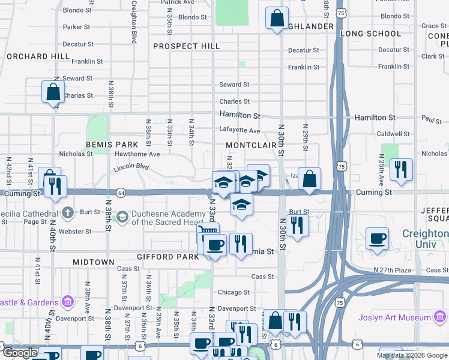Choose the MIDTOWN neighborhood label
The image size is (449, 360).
(x=93, y=262)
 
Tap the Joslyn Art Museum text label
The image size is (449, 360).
(x=393, y=317)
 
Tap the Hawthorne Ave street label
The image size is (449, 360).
(x=137, y=154)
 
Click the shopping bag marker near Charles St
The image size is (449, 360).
(x=53, y=92)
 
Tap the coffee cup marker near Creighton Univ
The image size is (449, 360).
(x=377, y=238)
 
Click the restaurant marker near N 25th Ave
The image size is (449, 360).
(x=401, y=169)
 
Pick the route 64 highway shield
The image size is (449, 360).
(x=121, y=193)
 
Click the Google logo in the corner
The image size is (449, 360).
(x=20, y=353)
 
